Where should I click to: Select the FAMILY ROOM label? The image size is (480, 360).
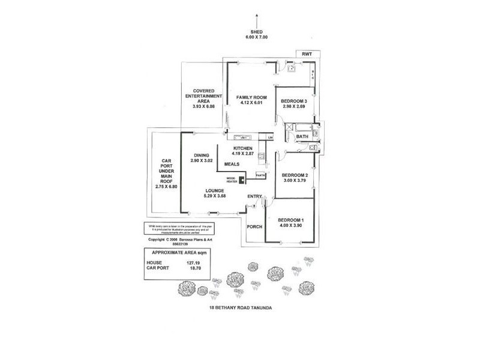pos(251,97)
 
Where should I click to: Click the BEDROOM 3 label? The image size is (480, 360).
pos(295,100)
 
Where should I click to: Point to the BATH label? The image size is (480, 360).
pos(302,137)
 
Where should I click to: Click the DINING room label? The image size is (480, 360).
pos(202,155)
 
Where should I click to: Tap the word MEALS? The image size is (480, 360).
pos(233,164)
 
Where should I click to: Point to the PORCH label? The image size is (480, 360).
pos(256,227)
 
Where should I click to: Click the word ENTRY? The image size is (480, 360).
pos(255,196)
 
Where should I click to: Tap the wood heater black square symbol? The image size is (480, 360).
pos(241,179)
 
